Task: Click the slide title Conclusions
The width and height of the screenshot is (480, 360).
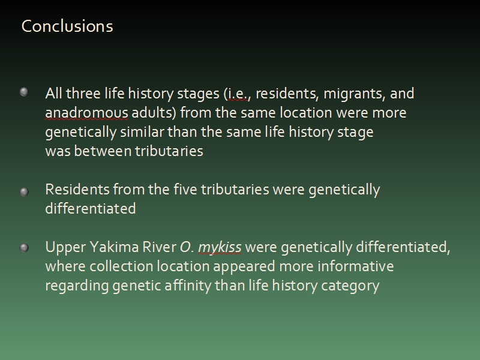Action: pos(67,26)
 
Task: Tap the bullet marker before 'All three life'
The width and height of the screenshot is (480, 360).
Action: pos(24,92)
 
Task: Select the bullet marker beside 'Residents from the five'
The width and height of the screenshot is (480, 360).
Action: pos(24,192)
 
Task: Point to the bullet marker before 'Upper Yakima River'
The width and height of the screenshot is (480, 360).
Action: pos(24,248)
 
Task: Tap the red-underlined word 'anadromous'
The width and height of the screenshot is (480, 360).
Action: pos(86,113)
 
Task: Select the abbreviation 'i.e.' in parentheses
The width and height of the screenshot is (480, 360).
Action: pos(238,94)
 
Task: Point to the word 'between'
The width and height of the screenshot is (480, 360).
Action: pos(103,151)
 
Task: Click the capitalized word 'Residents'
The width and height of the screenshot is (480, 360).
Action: pos(77,190)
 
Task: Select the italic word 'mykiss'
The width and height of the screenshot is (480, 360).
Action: pos(220,248)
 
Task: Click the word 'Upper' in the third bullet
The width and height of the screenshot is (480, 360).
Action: pos(65,248)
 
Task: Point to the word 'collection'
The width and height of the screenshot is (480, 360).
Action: pos(121,266)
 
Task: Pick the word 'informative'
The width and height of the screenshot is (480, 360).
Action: pos(355,266)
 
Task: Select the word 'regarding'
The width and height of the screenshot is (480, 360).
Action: pos(77,286)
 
